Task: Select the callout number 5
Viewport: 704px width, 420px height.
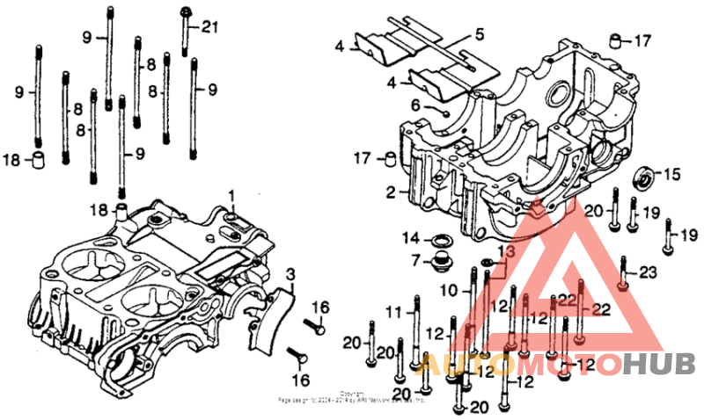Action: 479,35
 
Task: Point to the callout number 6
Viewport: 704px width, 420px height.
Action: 416,105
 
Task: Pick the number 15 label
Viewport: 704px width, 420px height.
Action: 671,175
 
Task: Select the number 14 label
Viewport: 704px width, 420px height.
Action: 411,238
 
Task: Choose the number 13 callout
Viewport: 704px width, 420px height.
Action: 503,251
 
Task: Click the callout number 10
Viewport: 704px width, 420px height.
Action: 449,290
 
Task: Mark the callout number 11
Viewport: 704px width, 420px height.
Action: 392,310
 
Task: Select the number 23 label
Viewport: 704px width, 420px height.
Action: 648,273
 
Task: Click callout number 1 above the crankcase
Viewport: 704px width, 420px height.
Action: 233,194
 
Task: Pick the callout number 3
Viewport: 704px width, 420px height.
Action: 291,275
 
